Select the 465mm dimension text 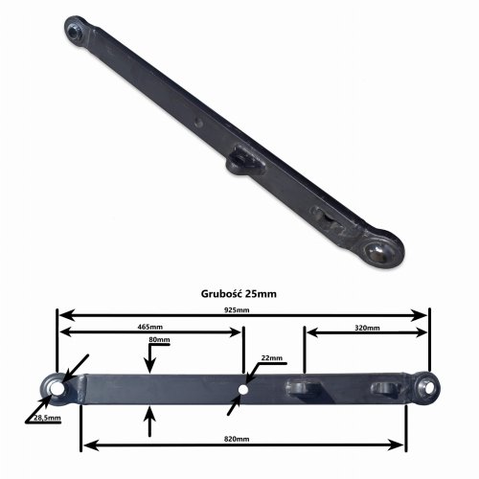(150, 327)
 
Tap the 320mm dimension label (367, 328)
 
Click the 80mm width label (159, 339)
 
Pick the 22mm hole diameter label (272, 358)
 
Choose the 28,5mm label (47, 418)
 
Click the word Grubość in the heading (221, 293)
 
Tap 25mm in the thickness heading (261, 294)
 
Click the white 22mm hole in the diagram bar (243, 390)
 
